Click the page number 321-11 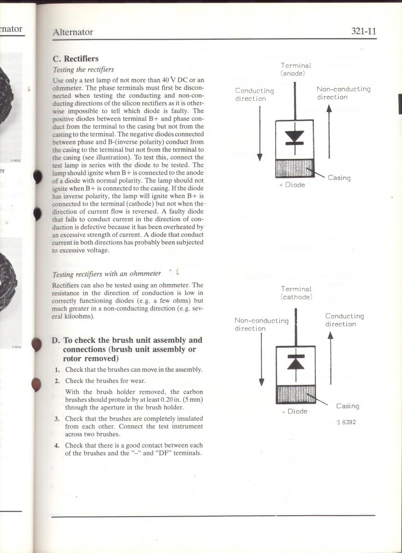(x=364, y=31)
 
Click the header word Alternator (x=73, y=32)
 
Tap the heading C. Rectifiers (x=76, y=59)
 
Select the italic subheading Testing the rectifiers (x=83, y=70)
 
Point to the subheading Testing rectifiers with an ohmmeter (x=106, y=274)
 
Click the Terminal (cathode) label (x=296, y=293)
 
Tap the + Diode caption (x=292, y=185)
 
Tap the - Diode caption (x=295, y=411)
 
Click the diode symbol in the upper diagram (x=294, y=137)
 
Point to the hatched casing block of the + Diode (x=294, y=169)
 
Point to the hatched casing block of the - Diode (x=295, y=395)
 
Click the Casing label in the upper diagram (x=339, y=178)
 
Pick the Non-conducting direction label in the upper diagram (x=343, y=93)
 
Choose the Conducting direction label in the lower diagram (x=344, y=320)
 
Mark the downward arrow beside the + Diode (x=260, y=134)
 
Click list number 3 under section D (x=57, y=418)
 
